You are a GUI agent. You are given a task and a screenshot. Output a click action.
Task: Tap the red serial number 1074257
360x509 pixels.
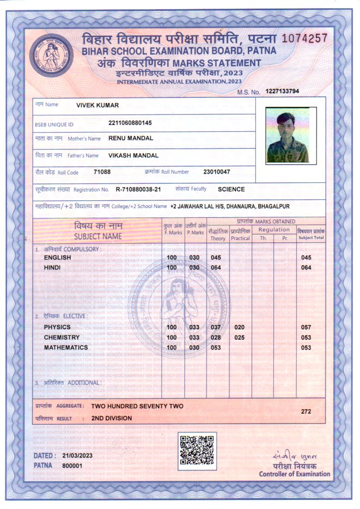pos(304,38)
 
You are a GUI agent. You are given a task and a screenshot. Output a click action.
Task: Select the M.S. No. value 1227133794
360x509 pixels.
pos(282,91)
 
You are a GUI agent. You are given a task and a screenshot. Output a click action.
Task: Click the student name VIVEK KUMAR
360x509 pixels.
pos(97,105)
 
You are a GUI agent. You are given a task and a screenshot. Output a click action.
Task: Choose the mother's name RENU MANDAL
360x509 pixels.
pos(131,138)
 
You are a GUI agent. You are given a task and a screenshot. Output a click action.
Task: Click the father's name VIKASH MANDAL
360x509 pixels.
pos(133,155)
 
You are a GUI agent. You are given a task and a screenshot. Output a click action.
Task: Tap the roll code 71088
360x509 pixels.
pos(102,172)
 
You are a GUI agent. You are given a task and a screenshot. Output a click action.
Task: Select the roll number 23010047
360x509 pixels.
pos(217,172)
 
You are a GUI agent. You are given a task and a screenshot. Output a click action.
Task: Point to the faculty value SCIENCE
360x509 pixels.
pos(231,189)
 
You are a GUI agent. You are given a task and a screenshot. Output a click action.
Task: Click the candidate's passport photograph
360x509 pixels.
pos(287,134)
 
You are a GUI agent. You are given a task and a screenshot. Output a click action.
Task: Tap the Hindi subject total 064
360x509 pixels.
pos(306,267)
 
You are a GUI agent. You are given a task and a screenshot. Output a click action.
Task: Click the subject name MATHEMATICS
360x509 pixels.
pos(66,347)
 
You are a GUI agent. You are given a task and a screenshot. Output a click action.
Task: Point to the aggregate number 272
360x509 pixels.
pos(306,412)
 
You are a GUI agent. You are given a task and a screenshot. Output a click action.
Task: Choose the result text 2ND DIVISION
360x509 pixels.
pos(112,418)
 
